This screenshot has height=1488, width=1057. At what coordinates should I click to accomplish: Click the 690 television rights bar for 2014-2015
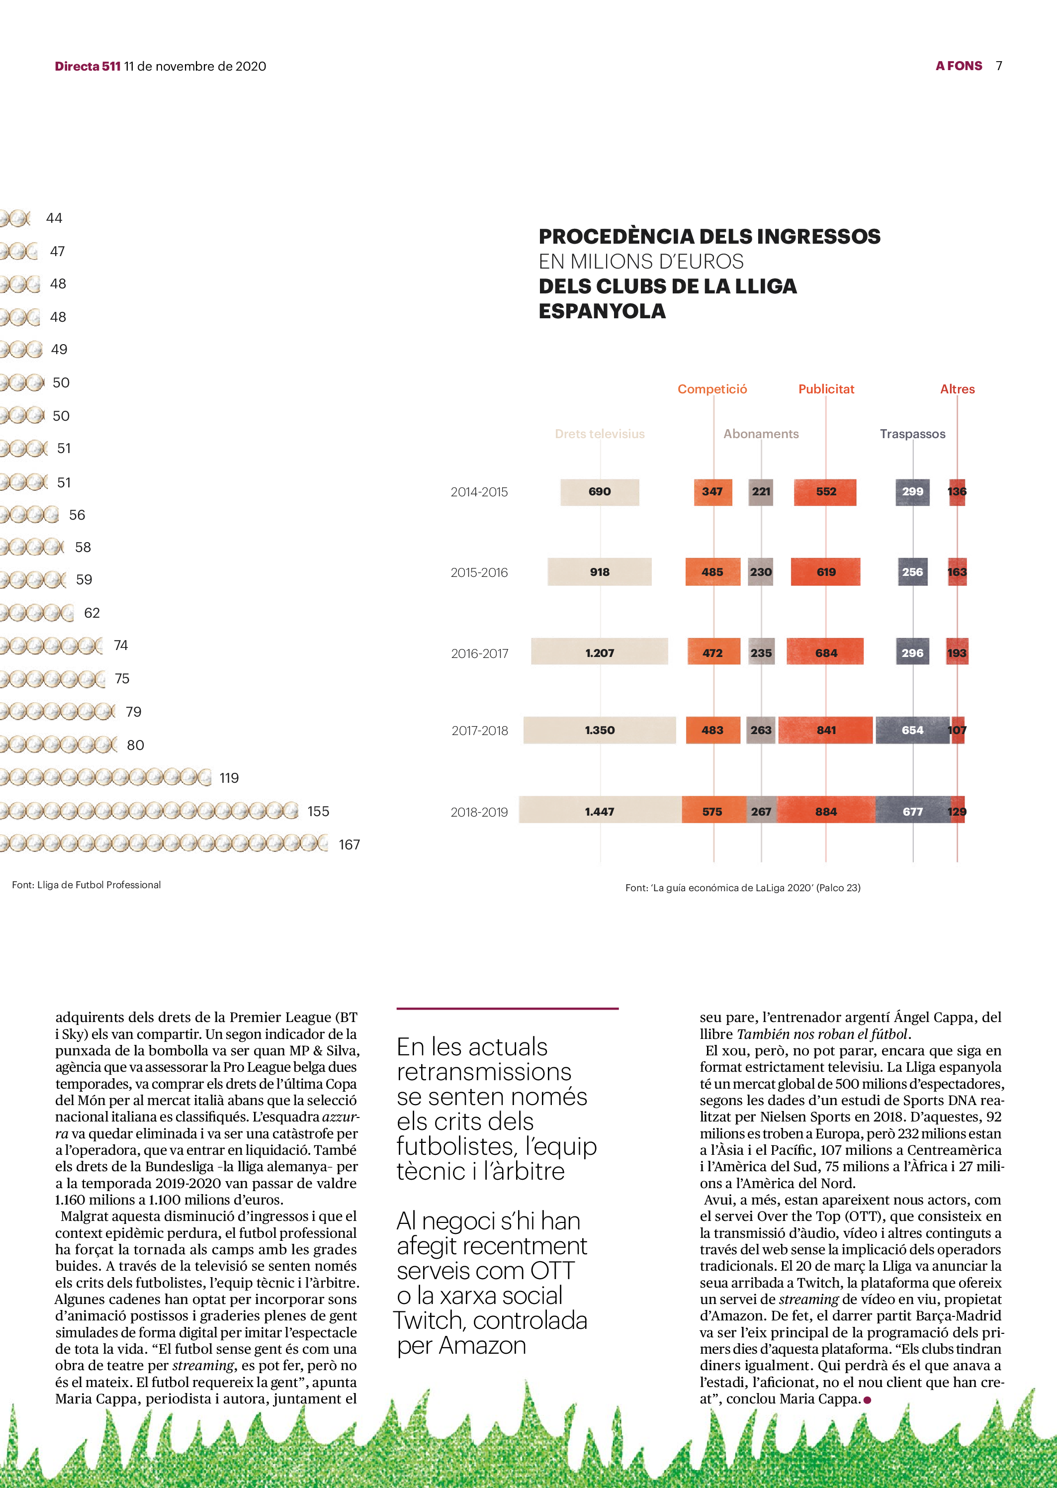[600, 492]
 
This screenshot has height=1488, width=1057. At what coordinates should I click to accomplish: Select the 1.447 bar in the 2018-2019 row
[600, 811]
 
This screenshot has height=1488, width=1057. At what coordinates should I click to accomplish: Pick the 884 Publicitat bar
[826, 811]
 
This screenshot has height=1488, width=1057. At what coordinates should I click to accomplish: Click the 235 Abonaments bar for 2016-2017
[761, 652]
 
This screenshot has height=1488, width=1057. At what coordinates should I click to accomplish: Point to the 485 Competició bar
[712, 572]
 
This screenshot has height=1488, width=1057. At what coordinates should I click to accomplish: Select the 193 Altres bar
[957, 652]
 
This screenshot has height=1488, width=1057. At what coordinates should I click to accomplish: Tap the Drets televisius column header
[600, 434]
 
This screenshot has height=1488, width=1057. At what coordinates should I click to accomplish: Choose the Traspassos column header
[912, 434]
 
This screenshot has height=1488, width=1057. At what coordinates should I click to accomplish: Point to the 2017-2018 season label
[480, 731]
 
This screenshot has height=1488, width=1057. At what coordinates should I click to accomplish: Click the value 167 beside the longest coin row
[350, 845]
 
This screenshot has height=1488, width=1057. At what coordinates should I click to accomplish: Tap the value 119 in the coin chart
[229, 778]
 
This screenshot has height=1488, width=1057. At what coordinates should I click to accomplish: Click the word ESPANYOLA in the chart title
[602, 311]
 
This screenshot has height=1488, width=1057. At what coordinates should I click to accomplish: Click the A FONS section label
[959, 66]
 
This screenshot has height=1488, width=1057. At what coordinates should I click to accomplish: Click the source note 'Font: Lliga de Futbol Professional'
[87, 885]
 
